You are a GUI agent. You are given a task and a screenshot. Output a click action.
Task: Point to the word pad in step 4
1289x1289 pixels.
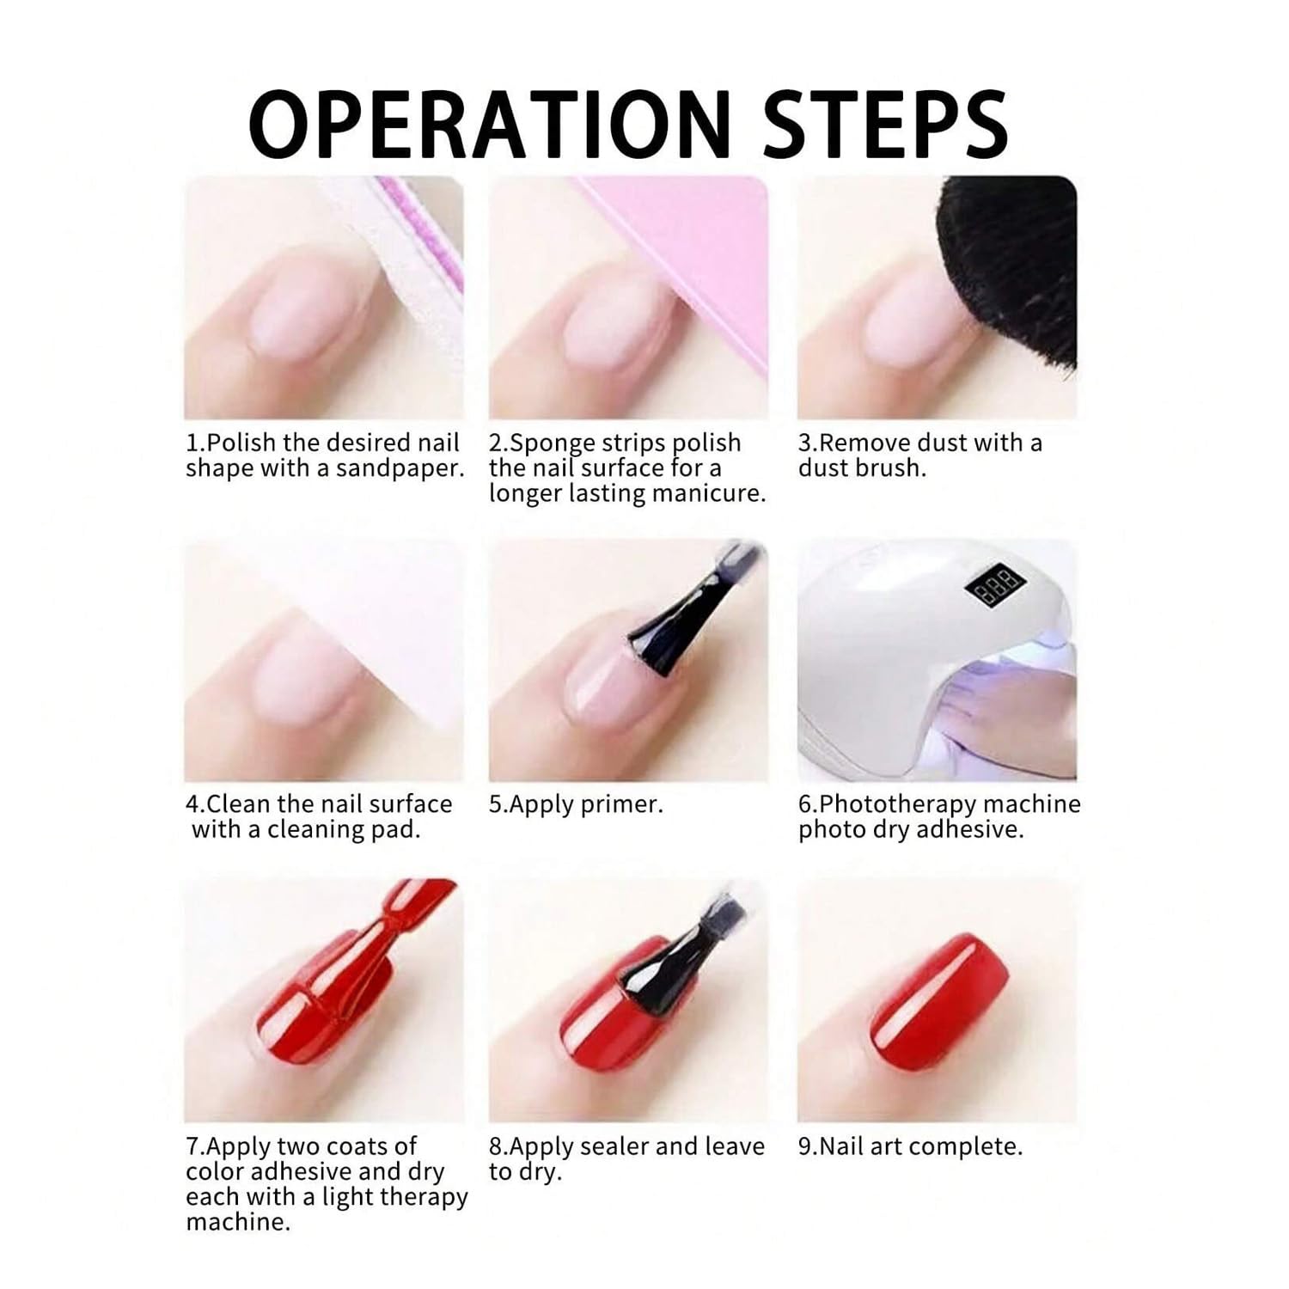396,830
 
